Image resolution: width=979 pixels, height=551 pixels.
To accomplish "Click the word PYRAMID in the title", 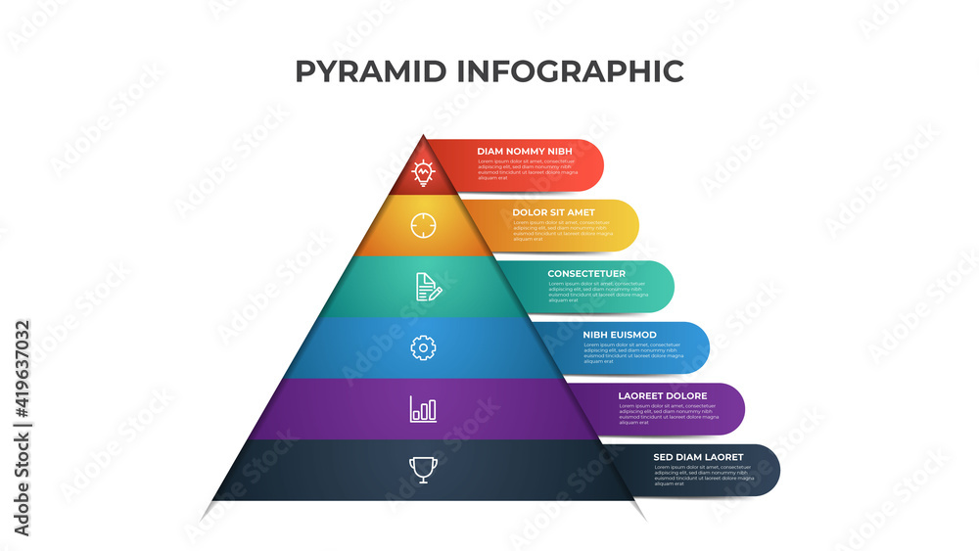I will click(x=369, y=71).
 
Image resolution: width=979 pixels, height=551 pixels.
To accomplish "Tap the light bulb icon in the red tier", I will click(x=423, y=172).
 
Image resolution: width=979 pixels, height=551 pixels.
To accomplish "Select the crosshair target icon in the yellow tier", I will click(x=423, y=225).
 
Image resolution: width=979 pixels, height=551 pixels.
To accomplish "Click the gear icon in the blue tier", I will click(x=423, y=346).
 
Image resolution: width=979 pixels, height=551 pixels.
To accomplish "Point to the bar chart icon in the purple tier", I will click(x=423, y=408).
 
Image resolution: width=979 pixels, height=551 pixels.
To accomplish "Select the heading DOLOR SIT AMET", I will click(x=553, y=212).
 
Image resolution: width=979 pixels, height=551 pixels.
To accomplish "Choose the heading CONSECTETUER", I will click(x=586, y=273).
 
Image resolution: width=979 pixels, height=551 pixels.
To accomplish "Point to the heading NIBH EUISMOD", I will click(x=620, y=335).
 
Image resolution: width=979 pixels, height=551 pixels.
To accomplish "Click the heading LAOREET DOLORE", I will click(x=663, y=396).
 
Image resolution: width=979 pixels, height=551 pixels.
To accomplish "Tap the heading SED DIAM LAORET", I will click(x=698, y=457).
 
